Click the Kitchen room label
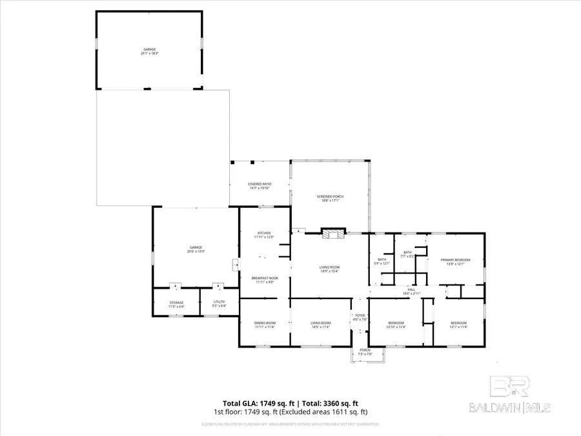tap(263, 233)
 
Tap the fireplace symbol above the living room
tap(334, 233)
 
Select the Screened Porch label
tap(329, 196)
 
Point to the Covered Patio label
tap(260, 184)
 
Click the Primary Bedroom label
tap(456, 260)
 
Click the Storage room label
tap(176, 302)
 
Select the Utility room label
tap(219, 302)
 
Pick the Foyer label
tap(359, 315)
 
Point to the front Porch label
tap(365, 351)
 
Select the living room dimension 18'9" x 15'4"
tap(329, 271)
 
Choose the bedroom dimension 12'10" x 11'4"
tap(396, 327)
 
